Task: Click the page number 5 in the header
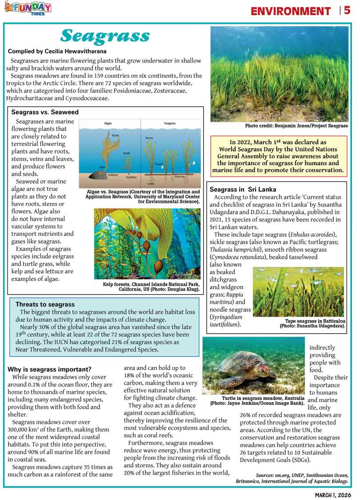pos(347,10)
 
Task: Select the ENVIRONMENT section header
pos(291,11)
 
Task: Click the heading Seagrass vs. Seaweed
pos(45,112)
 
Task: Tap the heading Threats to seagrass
pos(45,304)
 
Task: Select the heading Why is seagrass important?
pos(50,369)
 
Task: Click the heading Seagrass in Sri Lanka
pos(243,189)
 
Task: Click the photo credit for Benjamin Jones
pos(296,126)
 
